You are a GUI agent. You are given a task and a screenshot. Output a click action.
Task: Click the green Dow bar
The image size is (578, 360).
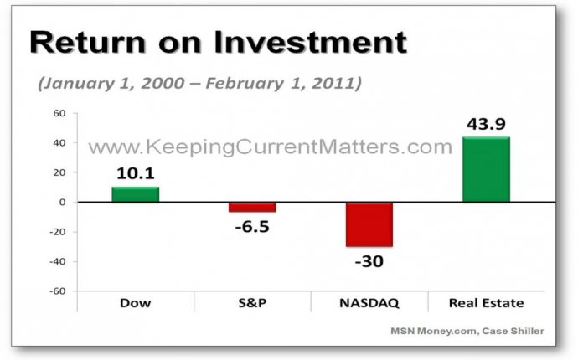point(135,194)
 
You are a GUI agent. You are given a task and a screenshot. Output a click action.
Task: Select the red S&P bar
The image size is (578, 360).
point(252,207)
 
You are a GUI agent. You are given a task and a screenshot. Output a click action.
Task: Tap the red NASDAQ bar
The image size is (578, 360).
point(369,224)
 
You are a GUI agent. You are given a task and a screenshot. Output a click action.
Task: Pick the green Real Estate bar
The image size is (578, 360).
point(486,169)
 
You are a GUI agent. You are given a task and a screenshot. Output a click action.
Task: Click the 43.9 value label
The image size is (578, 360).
point(486,124)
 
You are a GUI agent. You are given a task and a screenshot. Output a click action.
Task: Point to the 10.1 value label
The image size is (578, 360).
point(135,173)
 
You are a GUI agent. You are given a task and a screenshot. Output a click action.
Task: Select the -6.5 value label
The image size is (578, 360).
point(252,227)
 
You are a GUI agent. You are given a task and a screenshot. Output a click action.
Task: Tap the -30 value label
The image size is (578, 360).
point(369,261)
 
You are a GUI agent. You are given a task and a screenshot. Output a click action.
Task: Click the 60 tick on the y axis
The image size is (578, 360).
point(59,113)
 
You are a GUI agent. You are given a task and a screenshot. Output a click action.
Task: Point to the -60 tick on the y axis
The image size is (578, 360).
point(58,291)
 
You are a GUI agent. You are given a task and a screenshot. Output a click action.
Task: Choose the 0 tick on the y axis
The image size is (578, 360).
point(62,202)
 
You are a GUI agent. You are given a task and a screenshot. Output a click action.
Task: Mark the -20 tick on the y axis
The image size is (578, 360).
point(58,232)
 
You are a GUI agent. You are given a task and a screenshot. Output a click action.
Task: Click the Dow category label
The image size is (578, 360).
point(135,303)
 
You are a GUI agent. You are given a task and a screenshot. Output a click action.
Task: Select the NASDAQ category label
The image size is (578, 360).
point(369,303)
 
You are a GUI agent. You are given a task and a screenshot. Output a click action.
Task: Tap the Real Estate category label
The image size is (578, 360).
point(486,303)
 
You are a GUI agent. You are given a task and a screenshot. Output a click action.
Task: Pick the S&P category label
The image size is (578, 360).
point(252,303)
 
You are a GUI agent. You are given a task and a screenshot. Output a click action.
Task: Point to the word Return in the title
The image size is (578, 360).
point(88,43)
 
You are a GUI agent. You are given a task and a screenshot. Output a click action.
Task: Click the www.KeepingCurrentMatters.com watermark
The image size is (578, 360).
point(271,147)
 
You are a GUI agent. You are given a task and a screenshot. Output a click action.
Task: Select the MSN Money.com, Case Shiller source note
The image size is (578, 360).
point(467,331)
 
